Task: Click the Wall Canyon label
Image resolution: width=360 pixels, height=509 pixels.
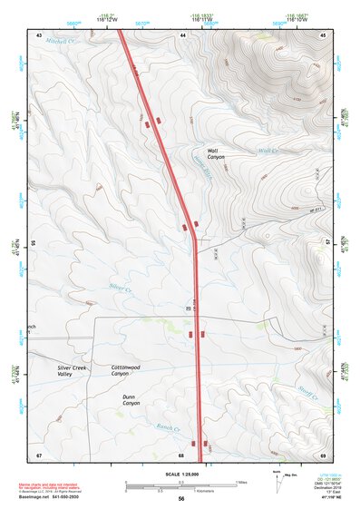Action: [216, 153]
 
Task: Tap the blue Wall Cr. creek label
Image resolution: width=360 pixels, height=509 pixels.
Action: [266, 151]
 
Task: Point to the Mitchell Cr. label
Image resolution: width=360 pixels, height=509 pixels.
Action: [57, 42]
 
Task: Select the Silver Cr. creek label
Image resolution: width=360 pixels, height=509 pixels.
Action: [121, 288]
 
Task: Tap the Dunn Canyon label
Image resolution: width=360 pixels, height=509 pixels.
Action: [135, 400]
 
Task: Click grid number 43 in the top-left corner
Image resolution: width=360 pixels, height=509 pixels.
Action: [39, 34]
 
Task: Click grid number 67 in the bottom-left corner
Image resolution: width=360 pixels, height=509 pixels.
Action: [39, 455]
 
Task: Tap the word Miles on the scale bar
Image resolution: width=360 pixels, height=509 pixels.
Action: [241, 481]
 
